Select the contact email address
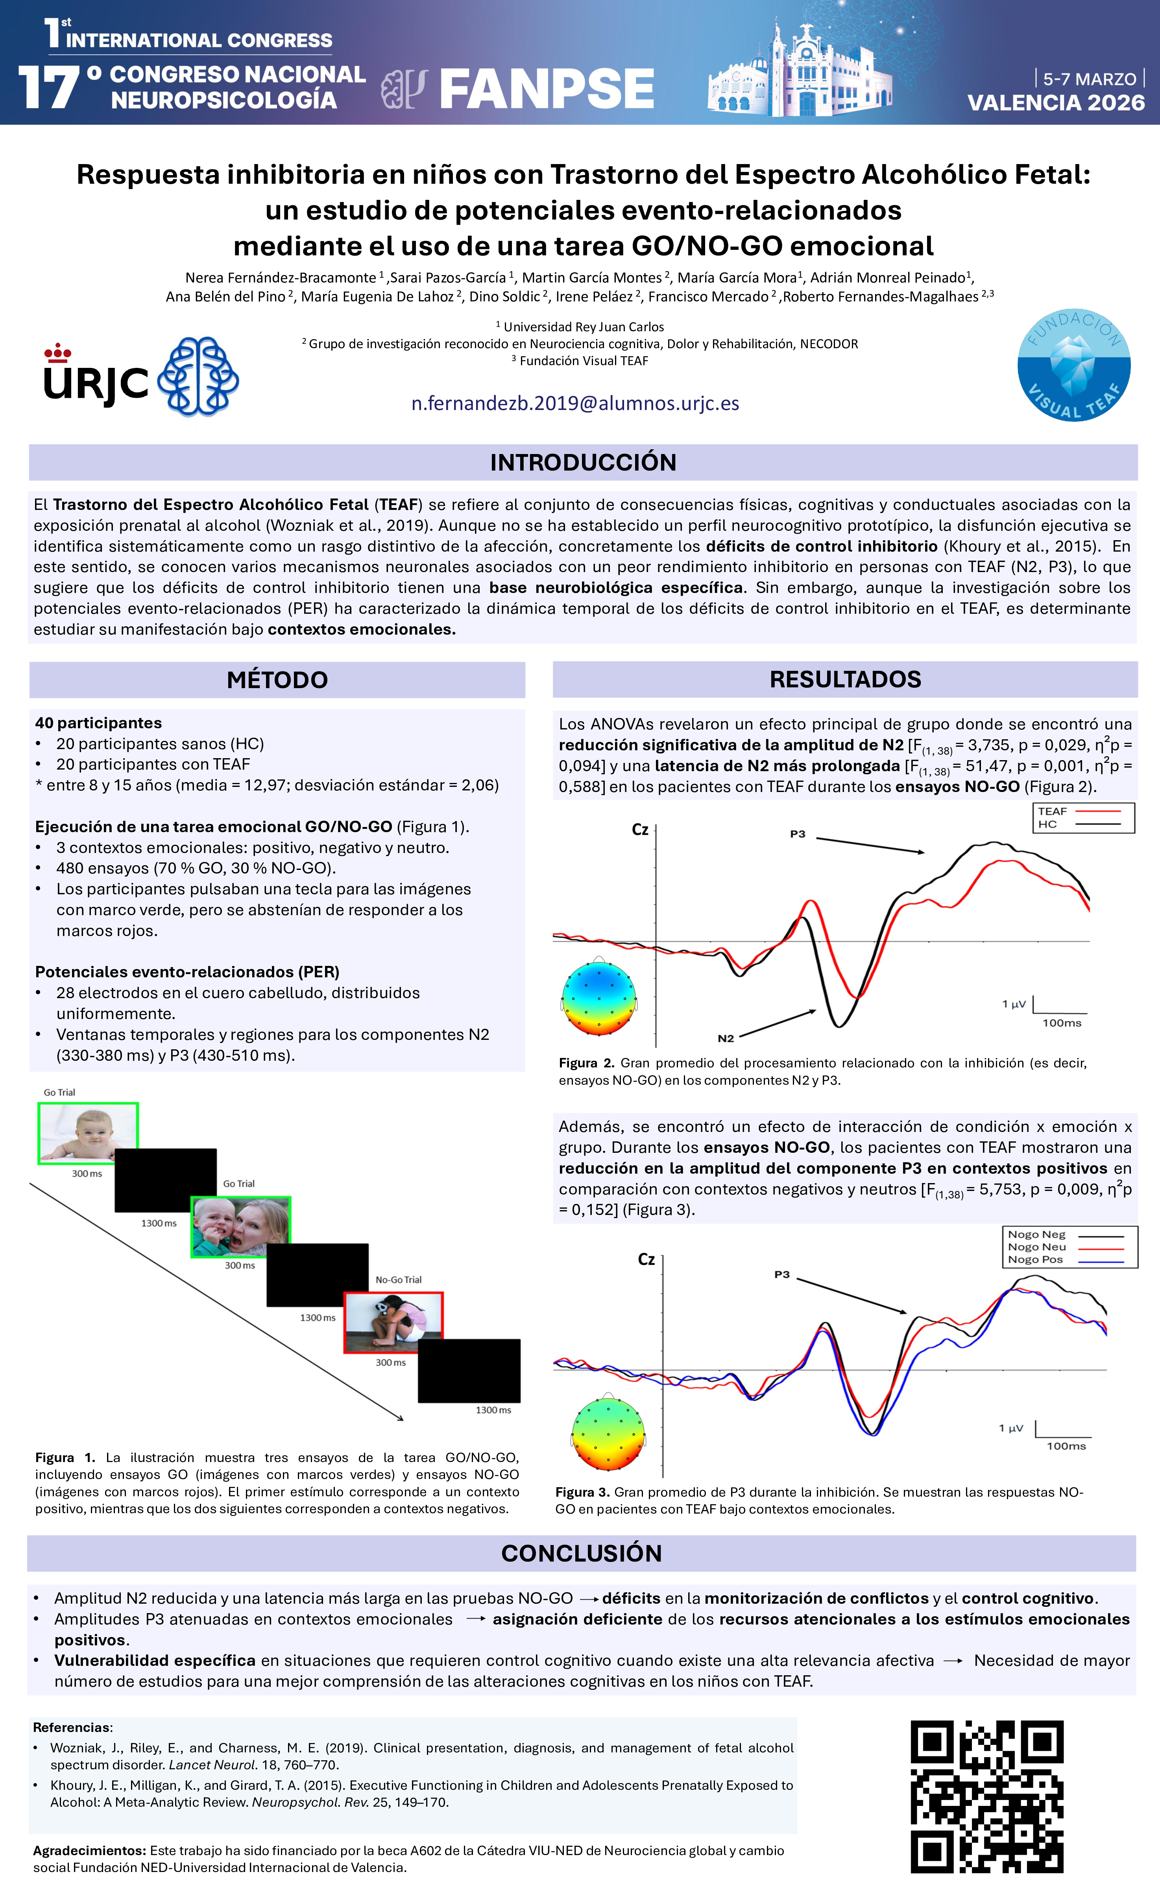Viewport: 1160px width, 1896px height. coord(575,403)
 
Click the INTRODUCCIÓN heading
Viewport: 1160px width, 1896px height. coord(583,462)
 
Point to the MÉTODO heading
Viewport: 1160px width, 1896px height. coord(277,679)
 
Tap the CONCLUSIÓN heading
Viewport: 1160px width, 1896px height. coord(581,1553)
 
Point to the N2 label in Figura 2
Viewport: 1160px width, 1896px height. coord(725,1038)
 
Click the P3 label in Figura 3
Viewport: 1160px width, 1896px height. coord(781,1274)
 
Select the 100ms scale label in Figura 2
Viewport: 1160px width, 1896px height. coord(1062,1023)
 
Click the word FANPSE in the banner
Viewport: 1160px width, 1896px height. coord(547,89)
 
